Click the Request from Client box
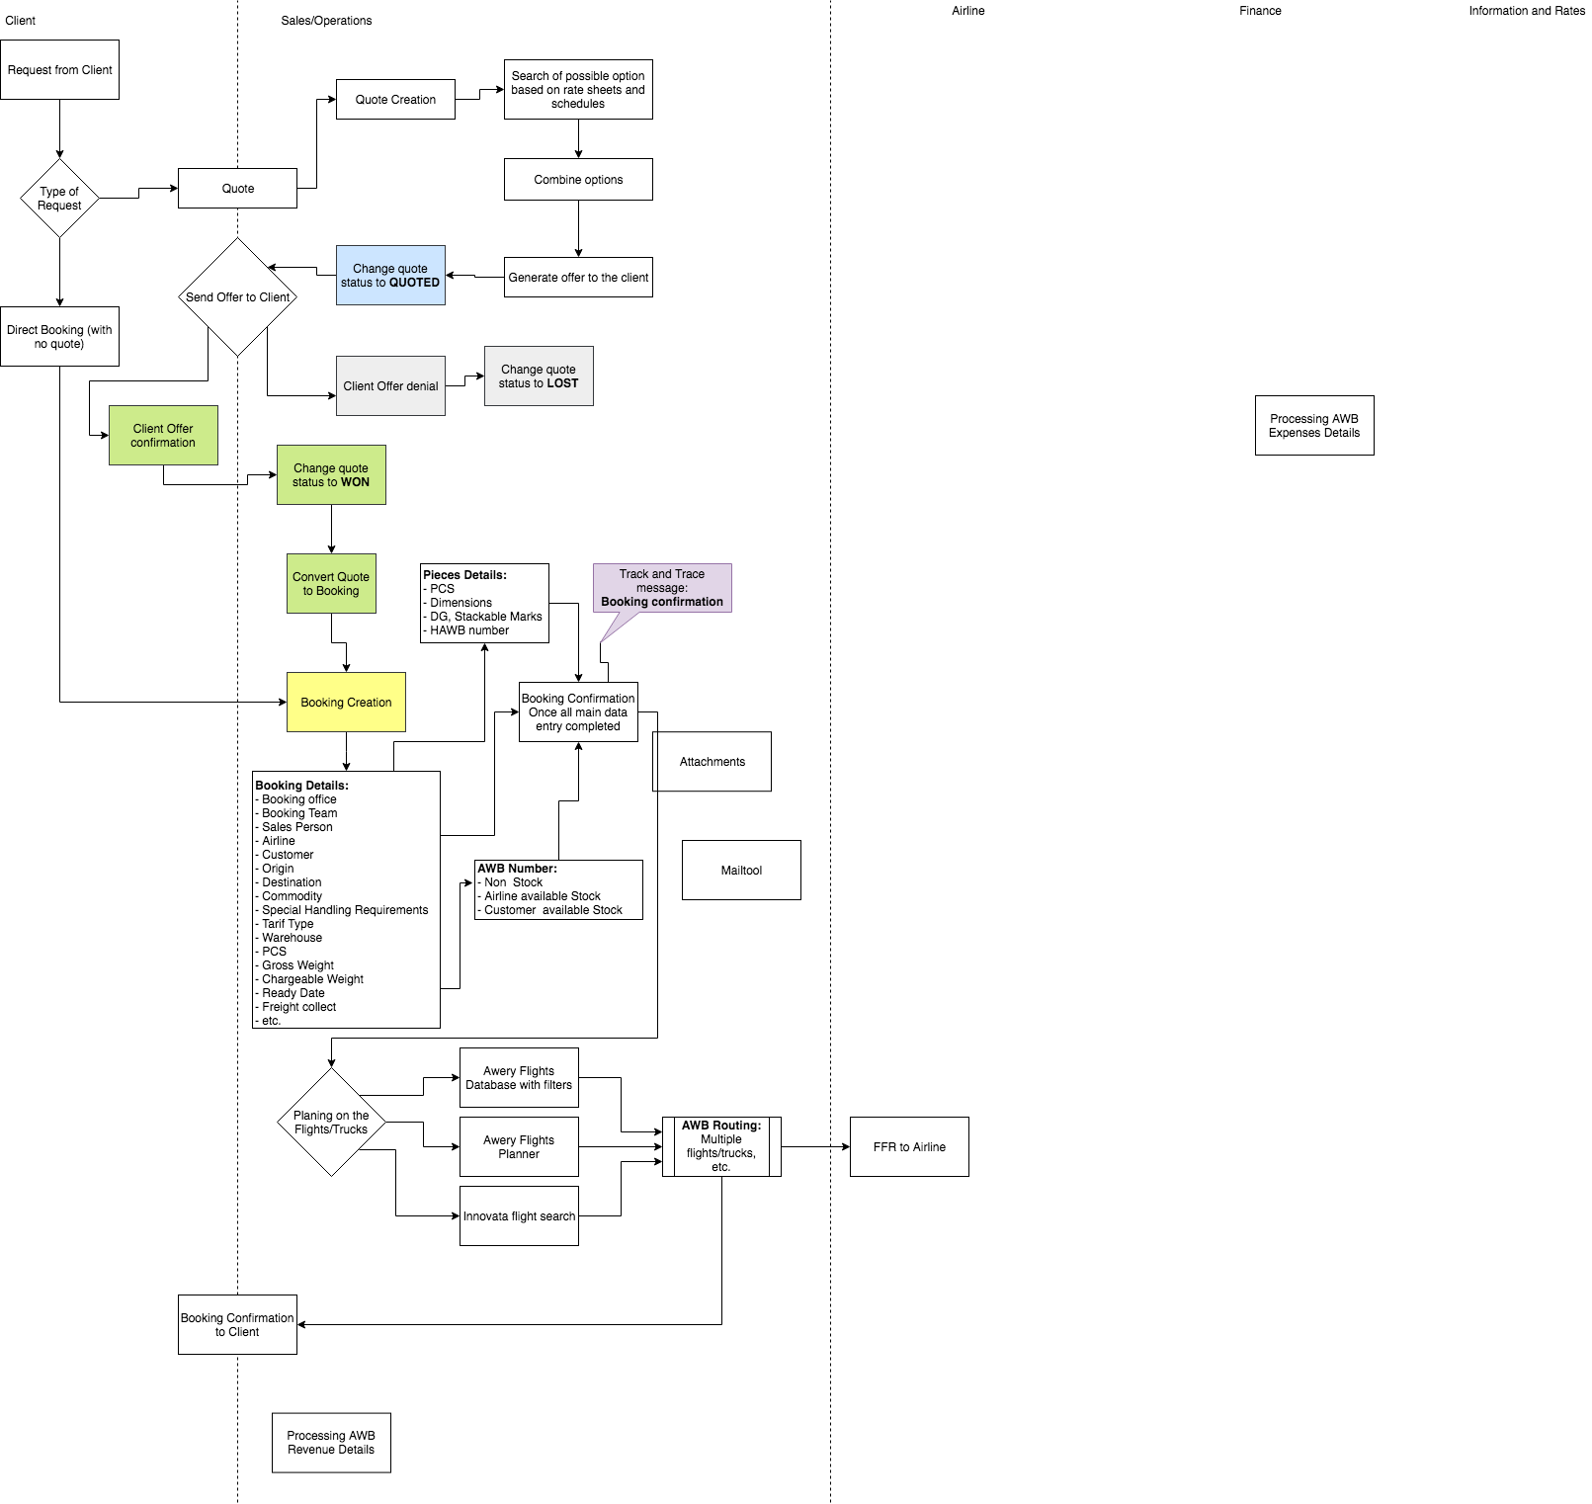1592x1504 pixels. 59,70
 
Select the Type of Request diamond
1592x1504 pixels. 59,199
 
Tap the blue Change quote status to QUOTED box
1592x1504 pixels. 390,276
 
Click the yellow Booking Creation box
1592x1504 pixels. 346,703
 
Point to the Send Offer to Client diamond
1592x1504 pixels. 237,296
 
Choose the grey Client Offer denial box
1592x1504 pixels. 390,386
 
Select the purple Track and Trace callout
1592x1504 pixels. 662,588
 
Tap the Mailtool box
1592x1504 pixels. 741,871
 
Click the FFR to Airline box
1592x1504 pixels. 909,1147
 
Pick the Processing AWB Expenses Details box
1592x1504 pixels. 1314,426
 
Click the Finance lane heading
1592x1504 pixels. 1260,11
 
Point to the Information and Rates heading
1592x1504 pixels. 1526,11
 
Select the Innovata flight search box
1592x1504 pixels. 519,1216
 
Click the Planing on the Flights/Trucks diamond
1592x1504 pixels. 331,1123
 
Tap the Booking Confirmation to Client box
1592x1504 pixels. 237,1325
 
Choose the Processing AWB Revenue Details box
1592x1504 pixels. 331,1443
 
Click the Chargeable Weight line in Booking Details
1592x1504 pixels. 312,979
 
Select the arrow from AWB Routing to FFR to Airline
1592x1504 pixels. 815,1147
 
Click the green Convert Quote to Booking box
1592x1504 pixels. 331,584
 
